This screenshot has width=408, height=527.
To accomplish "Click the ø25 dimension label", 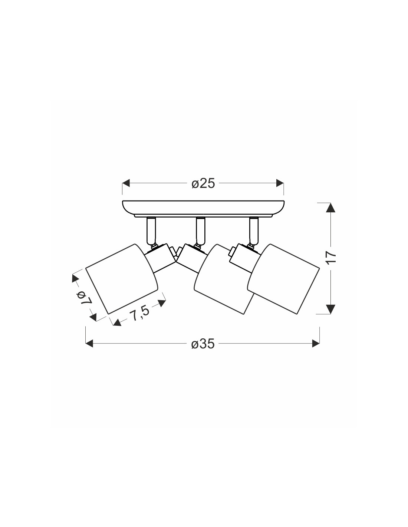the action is point(203,183).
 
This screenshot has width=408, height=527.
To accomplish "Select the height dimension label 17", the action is point(332,258).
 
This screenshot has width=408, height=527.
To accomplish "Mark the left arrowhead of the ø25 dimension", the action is point(126,183).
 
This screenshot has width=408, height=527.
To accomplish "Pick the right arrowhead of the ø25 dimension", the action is point(280,183).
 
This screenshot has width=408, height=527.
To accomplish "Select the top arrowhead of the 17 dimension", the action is point(330,208).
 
